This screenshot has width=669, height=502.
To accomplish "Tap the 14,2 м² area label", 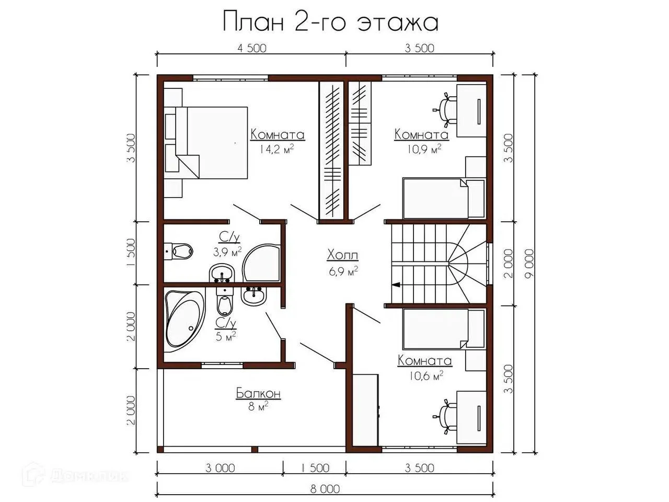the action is tap(276, 149).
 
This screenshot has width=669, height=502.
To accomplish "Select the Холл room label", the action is tap(342, 255).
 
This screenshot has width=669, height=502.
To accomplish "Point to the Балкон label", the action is tap(258, 393).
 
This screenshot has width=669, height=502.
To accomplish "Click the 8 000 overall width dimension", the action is tap(325, 489).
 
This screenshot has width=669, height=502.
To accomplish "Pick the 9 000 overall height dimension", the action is tap(530, 264).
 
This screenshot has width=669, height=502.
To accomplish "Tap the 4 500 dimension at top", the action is tap(252, 48).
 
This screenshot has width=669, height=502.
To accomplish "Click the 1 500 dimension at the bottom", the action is tap(315, 468).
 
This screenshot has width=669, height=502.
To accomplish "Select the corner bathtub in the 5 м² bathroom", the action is tap(184, 318).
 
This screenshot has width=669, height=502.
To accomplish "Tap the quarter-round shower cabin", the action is tap(261, 263).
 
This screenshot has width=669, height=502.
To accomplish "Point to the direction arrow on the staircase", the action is tap(396, 284).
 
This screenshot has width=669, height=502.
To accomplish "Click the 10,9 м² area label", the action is tap(424, 149).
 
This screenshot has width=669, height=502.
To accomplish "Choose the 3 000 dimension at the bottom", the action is tap(220, 468).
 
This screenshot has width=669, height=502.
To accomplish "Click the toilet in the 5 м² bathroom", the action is tap(225, 302).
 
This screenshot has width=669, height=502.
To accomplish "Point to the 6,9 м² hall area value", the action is tap(343, 271).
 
